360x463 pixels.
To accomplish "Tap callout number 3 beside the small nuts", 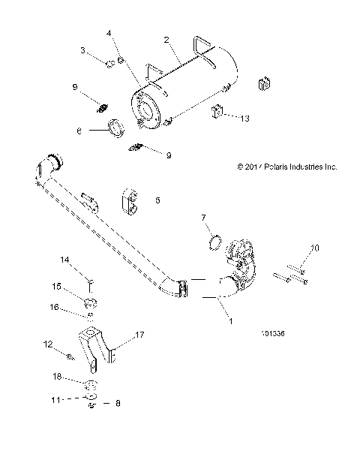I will click(x=84, y=50).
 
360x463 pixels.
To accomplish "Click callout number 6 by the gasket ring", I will click(x=79, y=129).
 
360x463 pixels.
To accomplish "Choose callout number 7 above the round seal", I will click(x=182, y=218).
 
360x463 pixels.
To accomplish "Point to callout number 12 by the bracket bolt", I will click(x=49, y=345).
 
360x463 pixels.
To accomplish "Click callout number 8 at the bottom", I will click(x=117, y=403).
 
